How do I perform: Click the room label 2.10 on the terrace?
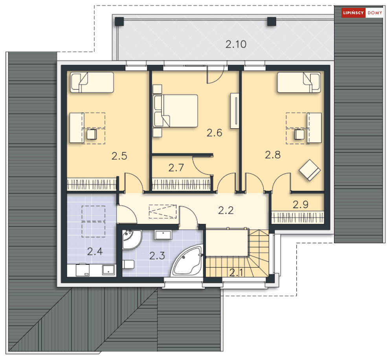(236, 44)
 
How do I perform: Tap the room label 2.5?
(119, 156)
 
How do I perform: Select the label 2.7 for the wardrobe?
(176, 168)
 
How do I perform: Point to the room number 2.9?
(301, 205)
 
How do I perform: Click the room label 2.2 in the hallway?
(226, 210)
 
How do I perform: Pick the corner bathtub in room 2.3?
(187, 260)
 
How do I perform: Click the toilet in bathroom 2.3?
(128, 264)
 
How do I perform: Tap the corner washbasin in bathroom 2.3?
(131, 240)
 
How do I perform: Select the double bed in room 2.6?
(176, 111)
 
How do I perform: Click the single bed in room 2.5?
(92, 82)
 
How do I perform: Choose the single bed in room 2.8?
(299, 82)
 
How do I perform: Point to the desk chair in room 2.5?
(92, 134)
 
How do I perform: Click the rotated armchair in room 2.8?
(310, 170)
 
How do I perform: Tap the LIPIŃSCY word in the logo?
(353, 13)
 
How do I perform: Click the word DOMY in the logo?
(375, 13)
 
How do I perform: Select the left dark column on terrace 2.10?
(119, 21)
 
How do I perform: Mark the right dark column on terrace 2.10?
(272, 21)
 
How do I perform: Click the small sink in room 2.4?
(108, 270)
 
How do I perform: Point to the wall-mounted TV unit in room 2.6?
(235, 111)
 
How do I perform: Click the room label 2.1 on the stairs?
(236, 272)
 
